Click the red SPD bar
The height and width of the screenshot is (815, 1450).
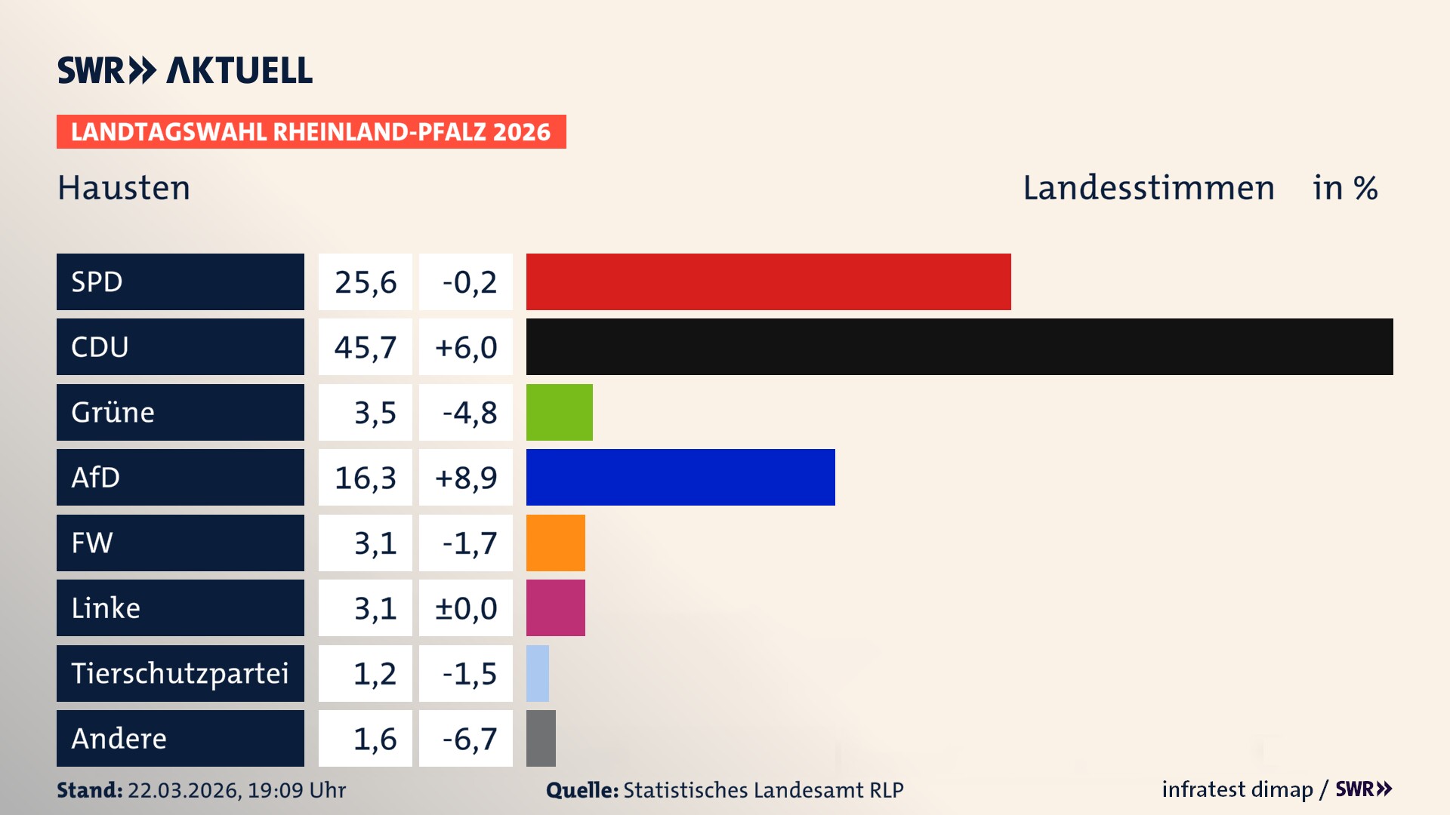tap(768, 281)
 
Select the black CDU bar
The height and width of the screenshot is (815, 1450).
tap(959, 347)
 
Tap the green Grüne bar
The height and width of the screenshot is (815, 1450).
tap(559, 412)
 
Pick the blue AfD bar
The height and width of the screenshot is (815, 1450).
tap(680, 477)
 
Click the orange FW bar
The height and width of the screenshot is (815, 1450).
tap(555, 543)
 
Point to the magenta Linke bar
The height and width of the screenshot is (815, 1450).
tap(555, 607)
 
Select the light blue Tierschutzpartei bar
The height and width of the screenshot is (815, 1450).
tap(537, 673)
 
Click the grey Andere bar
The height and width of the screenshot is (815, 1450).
tap(541, 738)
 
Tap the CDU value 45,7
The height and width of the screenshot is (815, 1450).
tap(366, 347)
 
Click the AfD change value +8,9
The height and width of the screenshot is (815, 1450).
tap(466, 477)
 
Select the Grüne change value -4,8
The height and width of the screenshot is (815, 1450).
tap(469, 412)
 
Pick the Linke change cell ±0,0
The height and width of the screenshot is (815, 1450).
tap(466, 607)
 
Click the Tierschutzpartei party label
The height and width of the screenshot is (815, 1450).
tap(180, 673)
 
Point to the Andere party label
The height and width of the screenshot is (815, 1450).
tap(119, 738)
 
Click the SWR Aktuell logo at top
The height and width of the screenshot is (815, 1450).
tap(184, 70)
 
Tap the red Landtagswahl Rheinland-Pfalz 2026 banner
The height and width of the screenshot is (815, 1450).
tap(310, 132)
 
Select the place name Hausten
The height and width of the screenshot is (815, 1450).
tap(124, 188)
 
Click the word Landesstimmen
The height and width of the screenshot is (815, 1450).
tap(1148, 188)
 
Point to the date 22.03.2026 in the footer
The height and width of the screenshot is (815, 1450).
tap(183, 790)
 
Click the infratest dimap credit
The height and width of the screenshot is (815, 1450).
tap(1237, 789)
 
